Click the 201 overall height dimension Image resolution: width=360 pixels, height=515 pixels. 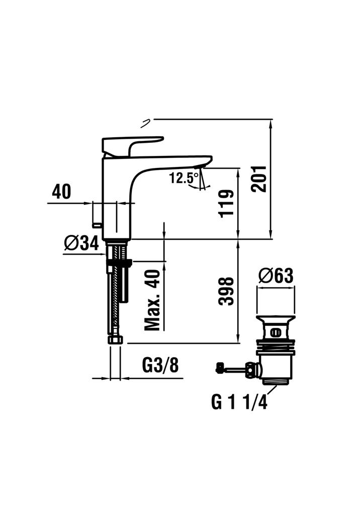(x=259, y=179)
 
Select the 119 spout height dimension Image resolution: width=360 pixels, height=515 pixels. (x=227, y=203)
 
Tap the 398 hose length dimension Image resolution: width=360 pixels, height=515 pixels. (x=227, y=291)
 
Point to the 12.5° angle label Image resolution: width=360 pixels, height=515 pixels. (x=184, y=178)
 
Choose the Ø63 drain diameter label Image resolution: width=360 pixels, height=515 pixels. (x=276, y=276)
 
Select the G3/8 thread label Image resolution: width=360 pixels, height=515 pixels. (x=160, y=365)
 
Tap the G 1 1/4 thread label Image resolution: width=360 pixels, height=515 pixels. (x=239, y=402)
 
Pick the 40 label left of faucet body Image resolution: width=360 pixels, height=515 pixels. (x=61, y=192)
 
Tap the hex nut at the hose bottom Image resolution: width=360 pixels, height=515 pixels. (x=115, y=339)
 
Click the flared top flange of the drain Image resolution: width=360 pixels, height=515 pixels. (x=276, y=318)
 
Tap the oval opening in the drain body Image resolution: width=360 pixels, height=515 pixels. (x=275, y=333)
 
